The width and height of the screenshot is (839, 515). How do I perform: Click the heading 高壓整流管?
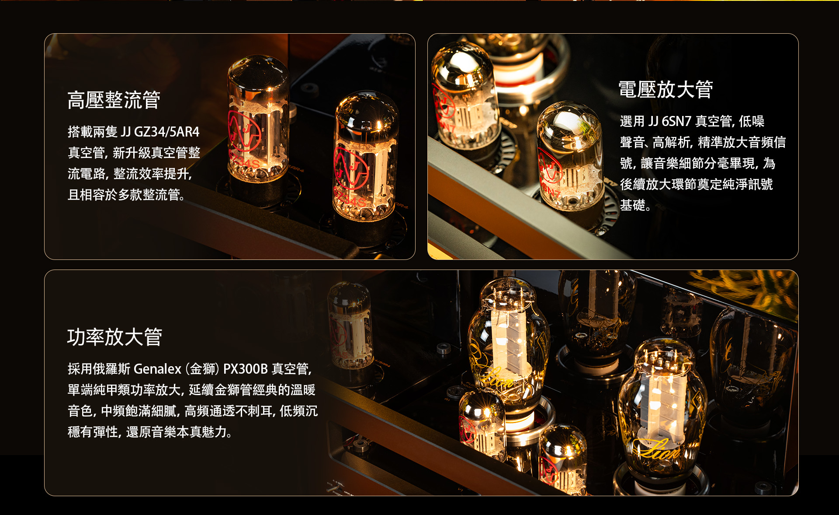[114, 100]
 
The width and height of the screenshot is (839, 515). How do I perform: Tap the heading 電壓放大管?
[666, 90]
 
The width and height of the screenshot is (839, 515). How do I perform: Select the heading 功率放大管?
[114, 337]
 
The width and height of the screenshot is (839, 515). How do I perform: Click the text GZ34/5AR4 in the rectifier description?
[166, 132]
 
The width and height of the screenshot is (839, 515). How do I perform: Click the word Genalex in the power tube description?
[157, 369]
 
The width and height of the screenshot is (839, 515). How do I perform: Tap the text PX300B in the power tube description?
[245, 369]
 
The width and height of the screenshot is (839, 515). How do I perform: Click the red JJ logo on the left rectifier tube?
[244, 131]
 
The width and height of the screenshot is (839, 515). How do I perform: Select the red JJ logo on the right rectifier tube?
[352, 168]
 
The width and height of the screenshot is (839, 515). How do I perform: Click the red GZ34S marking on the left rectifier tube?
[245, 162]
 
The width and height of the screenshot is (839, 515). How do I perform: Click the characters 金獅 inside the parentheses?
[202, 369]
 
